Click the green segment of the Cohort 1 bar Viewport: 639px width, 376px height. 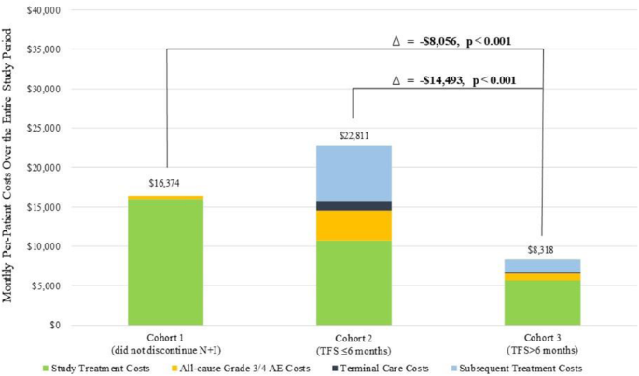click(165, 262)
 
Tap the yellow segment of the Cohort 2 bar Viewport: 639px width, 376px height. click(354, 225)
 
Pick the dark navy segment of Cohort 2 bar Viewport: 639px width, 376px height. click(354, 205)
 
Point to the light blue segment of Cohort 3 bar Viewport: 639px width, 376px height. click(542, 266)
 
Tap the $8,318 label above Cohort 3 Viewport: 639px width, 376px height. click(542, 248)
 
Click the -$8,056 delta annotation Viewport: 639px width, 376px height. click(451, 41)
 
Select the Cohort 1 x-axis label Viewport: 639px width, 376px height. click(165, 341)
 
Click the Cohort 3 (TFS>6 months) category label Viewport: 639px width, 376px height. click(542, 341)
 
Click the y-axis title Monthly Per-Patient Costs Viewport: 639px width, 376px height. click(8, 168)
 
